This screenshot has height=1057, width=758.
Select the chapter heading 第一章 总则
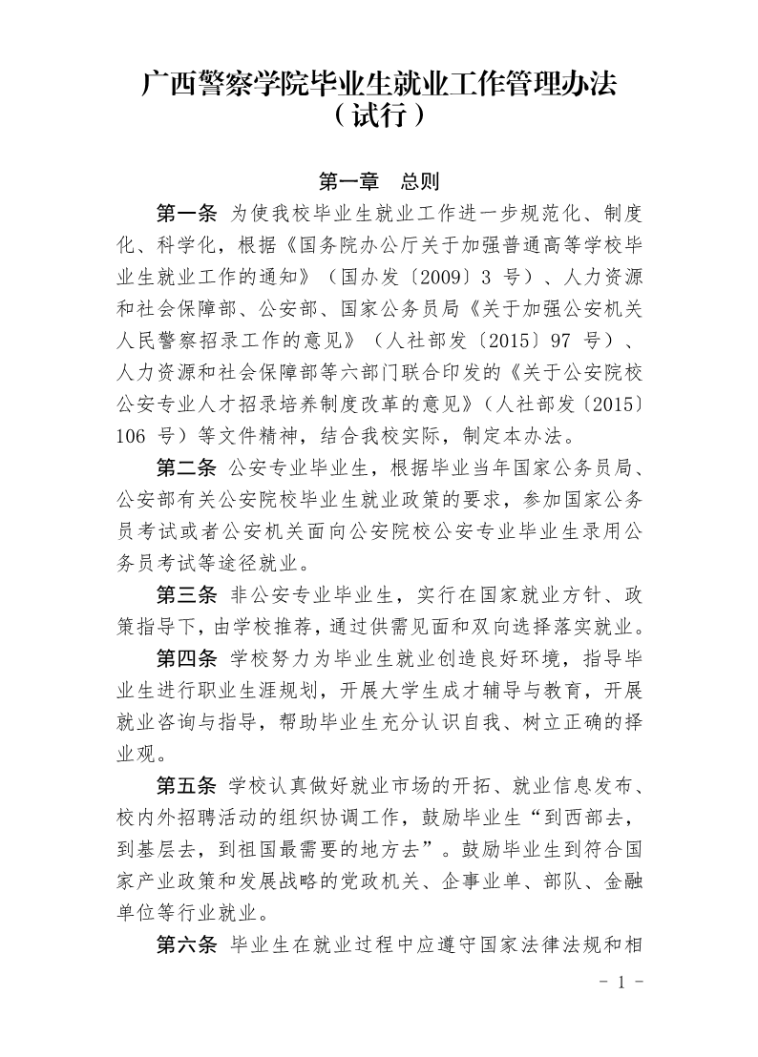point(378,181)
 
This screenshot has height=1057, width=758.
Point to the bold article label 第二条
point(187,466)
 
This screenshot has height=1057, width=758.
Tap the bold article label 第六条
point(187,945)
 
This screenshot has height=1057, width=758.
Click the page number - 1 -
point(620,983)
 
